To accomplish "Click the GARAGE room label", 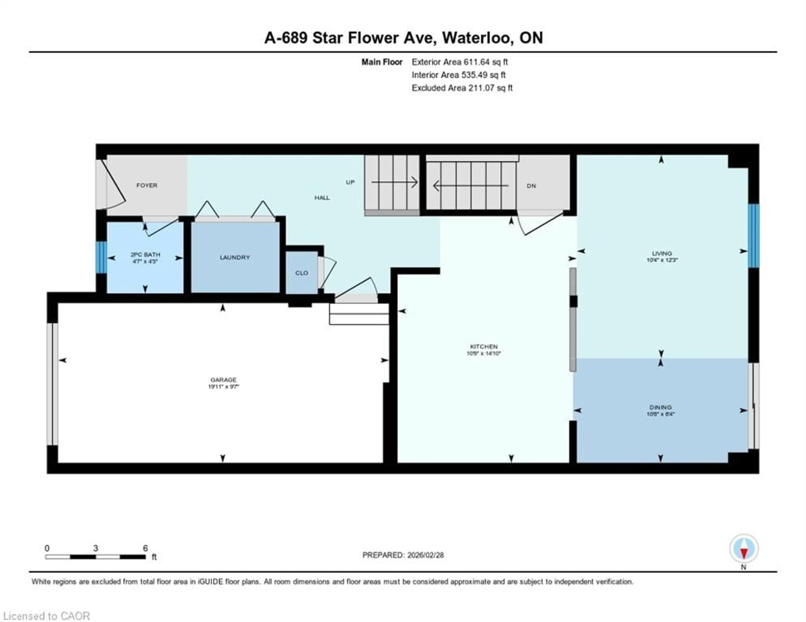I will tap(223, 380).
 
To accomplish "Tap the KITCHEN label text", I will tap(483, 347).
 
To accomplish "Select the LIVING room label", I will tap(662, 253).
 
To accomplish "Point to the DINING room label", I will tap(660, 407).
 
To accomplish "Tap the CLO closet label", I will tap(301, 273).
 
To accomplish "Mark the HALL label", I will tap(322, 198).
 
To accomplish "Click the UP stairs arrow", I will tap(394, 182).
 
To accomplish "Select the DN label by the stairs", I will tap(531, 186).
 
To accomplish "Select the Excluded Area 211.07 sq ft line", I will tap(462, 88).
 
